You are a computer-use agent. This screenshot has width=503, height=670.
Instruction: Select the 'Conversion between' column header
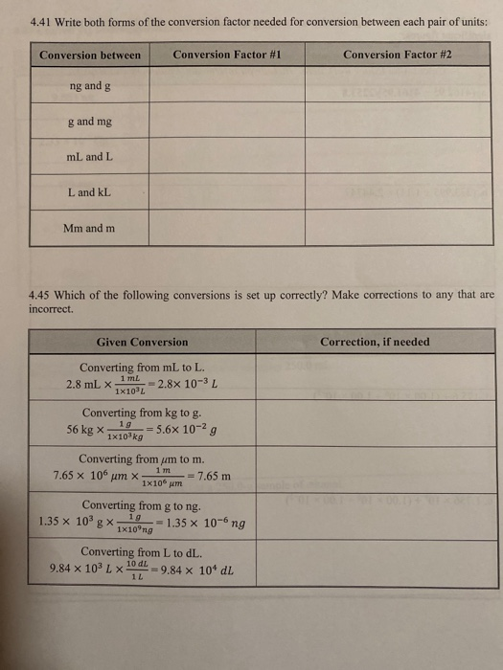90,55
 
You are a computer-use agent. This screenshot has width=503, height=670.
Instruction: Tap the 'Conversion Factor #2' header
398,55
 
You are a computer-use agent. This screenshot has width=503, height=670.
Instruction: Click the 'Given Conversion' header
142,342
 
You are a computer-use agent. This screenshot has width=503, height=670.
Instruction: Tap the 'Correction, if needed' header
375,342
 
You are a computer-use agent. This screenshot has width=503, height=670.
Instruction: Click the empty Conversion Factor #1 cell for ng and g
227,86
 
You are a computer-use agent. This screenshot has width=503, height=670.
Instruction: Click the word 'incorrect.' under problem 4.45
53,310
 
